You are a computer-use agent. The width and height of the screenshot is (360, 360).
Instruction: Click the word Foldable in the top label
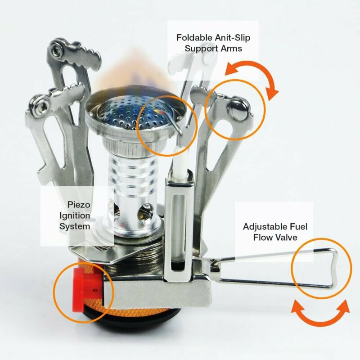click(193, 37)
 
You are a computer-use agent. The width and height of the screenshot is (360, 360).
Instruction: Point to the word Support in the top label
click(200, 48)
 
